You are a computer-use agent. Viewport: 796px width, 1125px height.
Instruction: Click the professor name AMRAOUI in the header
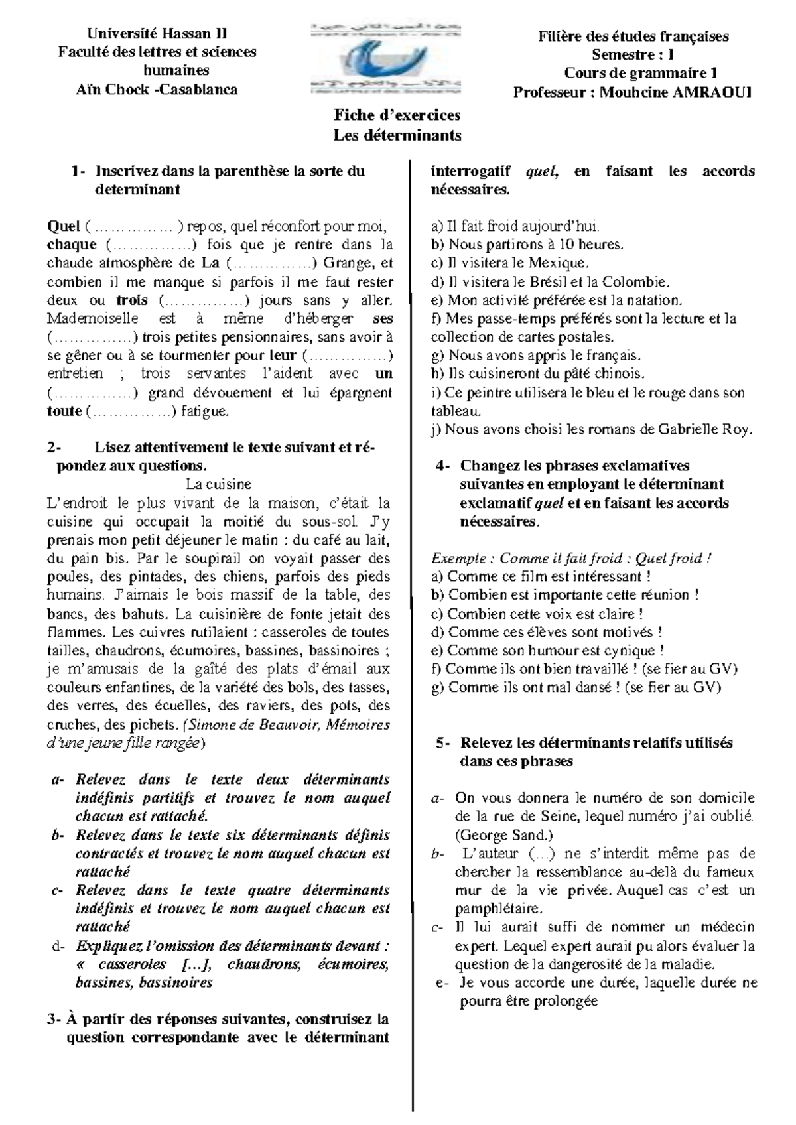[x=713, y=92]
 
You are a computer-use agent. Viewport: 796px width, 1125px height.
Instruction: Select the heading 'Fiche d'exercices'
[x=397, y=115]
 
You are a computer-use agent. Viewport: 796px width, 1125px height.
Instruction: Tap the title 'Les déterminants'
[x=397, y=135]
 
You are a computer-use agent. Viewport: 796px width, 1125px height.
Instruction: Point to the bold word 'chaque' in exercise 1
[x=72, y=245]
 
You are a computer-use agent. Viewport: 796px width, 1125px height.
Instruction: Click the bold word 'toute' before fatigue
[x=64, y=411]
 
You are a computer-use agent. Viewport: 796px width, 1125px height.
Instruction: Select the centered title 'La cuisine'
[x=218, y=484]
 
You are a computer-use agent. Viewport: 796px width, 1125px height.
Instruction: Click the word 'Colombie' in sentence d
[x=641, y=282]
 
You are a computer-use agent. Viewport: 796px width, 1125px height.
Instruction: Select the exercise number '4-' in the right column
[x=444, y=466]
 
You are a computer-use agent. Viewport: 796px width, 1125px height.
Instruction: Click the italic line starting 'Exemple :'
[x=571, y=559]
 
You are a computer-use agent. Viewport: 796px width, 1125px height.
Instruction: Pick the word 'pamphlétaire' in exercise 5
[x=497, y=909]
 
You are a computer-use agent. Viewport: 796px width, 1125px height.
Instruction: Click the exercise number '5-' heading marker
[x=444, y=743]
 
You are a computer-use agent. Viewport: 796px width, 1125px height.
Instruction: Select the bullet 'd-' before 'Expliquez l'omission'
[x=58, y=946]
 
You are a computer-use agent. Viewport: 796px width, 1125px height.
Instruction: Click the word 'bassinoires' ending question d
[x=176, y=982]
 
